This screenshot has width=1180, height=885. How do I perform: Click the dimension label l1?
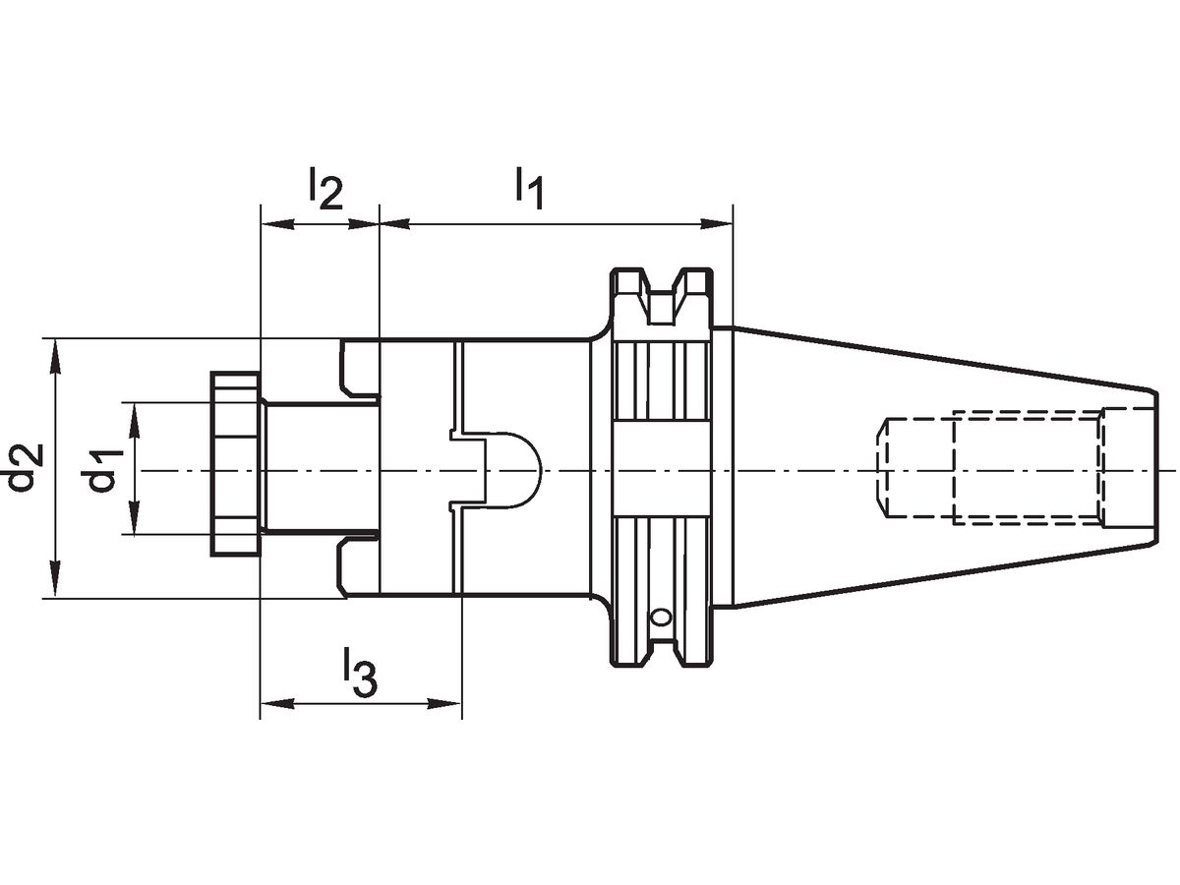[x=528, y=188]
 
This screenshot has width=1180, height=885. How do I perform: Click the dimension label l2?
[x=324, y=188]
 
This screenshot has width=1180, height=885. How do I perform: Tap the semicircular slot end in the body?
[x=516, y=470]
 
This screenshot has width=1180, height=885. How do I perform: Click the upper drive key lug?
[x=359, y=370]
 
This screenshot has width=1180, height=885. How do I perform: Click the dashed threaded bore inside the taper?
[x=993, y=468]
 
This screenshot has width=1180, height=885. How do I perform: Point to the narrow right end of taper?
[x=1149, y=468]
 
